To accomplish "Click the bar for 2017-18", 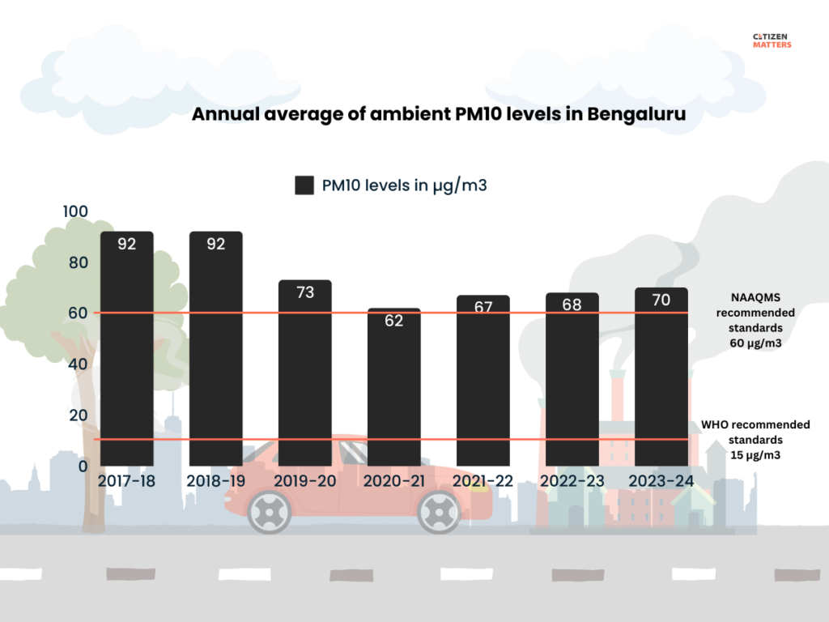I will [x=126, y=348].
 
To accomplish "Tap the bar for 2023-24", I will [x=661, y=377].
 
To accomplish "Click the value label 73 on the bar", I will [x=305, y=292].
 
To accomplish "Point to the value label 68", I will [x=572, y=305].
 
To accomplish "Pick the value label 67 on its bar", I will [x=483, y=308].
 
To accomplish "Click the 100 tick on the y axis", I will [x=75, y=211].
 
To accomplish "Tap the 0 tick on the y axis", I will [x=82, y=466].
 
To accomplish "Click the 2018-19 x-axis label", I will [x=215, y=481].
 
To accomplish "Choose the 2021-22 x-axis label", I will [x=483, y=481].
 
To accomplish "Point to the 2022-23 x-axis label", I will [x=572, y=481].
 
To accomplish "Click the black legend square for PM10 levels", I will [x=304, y=185].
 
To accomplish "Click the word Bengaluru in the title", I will [x=636, y=114].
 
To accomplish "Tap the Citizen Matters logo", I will [x=771, y=40].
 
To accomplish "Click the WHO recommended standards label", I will [x=755, y=439].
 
